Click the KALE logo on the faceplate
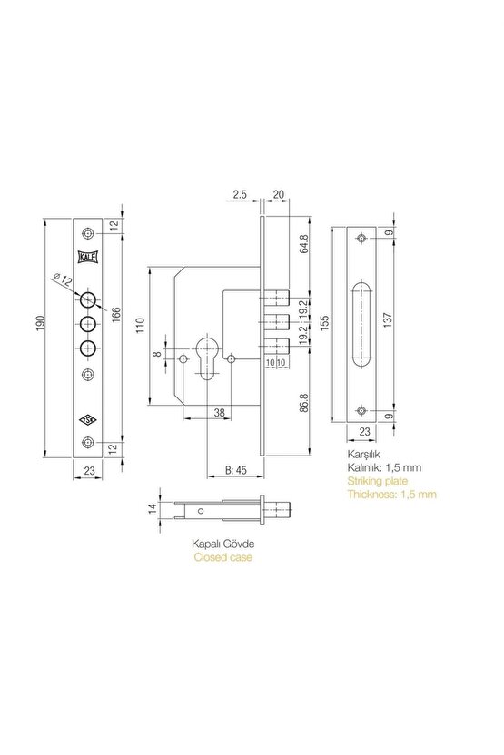(x=87, y=258)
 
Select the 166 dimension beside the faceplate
(x=116, y=316)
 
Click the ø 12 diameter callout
(x=63, y=279)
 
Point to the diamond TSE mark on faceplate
(x=88, y=420)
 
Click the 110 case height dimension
(x=140, y=327)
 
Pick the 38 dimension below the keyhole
(x=219, y=413)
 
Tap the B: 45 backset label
(x=236, y=470)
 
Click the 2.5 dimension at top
(x=240, y=194)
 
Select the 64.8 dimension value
(x=303, y=244)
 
